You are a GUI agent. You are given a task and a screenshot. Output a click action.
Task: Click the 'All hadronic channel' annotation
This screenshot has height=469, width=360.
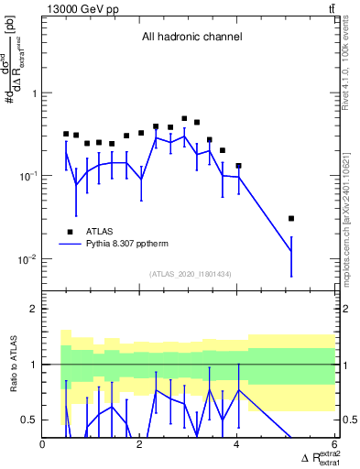[191, 38]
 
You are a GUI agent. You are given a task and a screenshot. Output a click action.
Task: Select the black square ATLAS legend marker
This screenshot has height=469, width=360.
[70, 233]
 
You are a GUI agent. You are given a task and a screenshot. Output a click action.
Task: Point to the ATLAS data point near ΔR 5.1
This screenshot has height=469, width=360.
[291, 219]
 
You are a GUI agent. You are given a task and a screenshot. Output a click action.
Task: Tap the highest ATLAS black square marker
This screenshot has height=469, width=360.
[184, 119]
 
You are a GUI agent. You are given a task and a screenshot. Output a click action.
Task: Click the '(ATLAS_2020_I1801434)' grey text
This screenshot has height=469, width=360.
[191, 275]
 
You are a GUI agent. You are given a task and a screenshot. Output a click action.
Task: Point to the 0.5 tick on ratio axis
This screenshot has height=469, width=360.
[29, 420]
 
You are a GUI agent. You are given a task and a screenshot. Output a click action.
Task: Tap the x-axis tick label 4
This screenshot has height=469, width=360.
[237, 445]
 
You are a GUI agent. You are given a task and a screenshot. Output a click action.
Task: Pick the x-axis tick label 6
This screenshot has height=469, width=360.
[334, 445]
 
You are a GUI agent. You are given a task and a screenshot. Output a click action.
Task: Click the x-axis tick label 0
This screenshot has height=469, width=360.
[43, 445]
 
